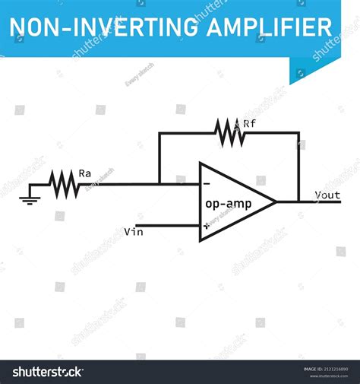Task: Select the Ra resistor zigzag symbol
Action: coord(63,183)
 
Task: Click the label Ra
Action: coord(85,173)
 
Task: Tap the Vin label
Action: coord(133,230)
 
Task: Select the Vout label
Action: coord(328,195)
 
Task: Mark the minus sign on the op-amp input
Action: coord(207,184)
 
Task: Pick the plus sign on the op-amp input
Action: coord(206,226)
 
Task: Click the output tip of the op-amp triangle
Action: coord(275,202)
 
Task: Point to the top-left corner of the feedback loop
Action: coord(159,132)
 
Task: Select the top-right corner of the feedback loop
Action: coord(298,132)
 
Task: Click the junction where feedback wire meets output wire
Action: coord(298,202)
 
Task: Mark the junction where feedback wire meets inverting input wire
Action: coord(159,183)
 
